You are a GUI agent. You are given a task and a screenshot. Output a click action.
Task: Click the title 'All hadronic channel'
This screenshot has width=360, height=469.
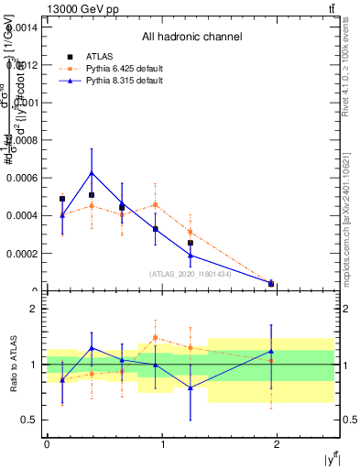click(191, 37)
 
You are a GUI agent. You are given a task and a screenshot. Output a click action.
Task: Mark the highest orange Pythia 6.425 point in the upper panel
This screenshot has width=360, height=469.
click(156, 204)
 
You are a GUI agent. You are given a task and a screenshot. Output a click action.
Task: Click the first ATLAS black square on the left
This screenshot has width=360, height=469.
click(62, 199)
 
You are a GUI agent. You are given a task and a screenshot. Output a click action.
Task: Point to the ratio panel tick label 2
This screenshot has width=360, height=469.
click(34, 310)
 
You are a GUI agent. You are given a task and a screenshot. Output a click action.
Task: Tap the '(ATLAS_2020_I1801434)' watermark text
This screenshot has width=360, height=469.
click(191, 274)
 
